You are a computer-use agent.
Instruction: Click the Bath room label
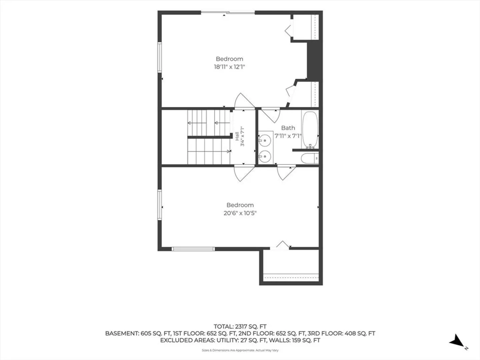tap(288, 128)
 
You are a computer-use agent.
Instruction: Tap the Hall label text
tap(237, 136)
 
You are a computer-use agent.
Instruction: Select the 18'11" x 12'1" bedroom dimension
tap(229, 67)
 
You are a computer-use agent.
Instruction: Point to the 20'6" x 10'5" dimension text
tap(240, 213)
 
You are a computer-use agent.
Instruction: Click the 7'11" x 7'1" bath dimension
tap(288, 136)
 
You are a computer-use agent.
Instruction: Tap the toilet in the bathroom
tap(310, 158)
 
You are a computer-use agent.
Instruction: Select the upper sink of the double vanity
tap(265, 140)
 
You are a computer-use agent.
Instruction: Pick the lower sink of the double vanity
tap(265, 157)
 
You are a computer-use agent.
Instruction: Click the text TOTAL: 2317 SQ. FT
tap(240, 327)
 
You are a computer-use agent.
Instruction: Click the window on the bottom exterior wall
tap(193, 249)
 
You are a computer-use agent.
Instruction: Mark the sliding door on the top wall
tap(228, 13)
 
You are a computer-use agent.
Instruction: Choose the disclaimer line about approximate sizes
tap(240, 350)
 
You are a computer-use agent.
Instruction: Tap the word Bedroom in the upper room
tap(229, 59)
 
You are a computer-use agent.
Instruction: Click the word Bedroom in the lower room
tap(240, 205)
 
